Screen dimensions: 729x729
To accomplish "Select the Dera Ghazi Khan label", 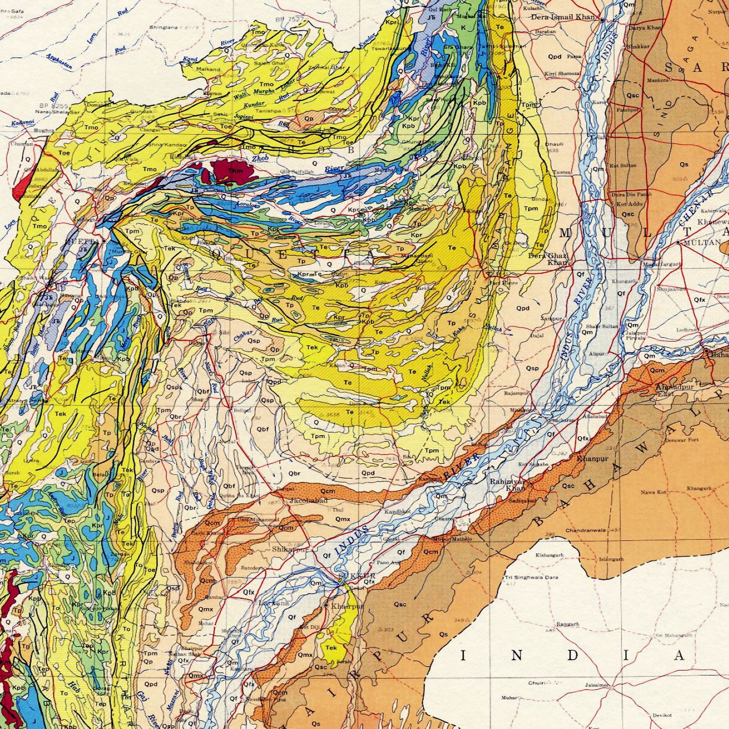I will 549,259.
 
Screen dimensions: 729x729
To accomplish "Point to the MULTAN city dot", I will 678,242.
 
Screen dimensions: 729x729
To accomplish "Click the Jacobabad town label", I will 308,501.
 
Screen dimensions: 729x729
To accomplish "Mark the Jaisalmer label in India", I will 597,684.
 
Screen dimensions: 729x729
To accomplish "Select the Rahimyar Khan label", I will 507,485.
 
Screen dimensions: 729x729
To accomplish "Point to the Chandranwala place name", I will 585,530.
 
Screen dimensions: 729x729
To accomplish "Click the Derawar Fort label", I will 682,440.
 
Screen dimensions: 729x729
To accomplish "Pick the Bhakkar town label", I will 638,46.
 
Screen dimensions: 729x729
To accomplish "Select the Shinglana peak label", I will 163,28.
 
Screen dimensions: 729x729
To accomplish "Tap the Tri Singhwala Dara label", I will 531,577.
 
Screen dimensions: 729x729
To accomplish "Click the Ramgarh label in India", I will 568,624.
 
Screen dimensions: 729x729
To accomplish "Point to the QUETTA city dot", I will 104,240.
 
